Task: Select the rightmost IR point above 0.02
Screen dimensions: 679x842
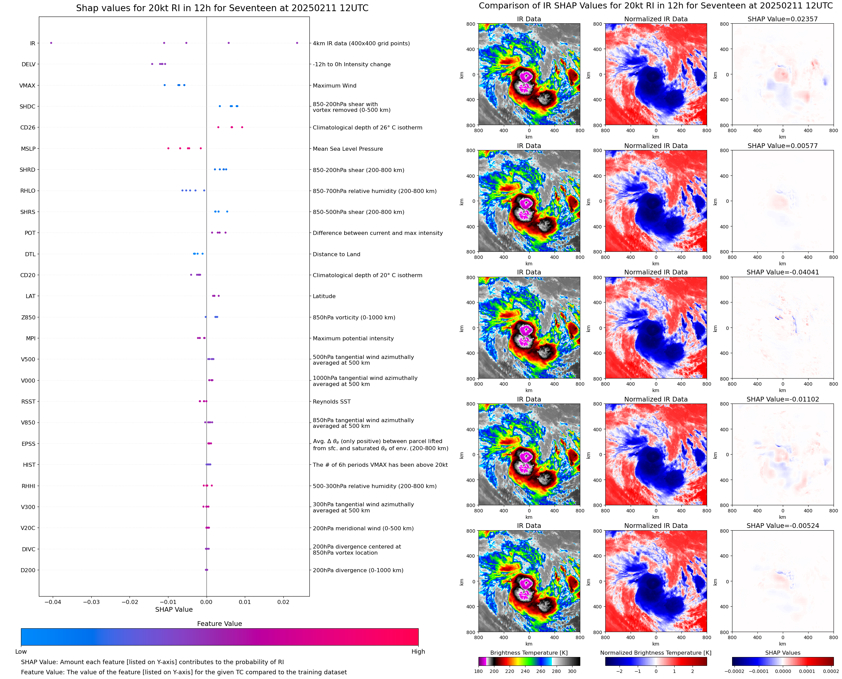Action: point(297,43)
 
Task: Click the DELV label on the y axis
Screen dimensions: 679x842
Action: point(28,65)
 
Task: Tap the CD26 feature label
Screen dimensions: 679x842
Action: point(27,127)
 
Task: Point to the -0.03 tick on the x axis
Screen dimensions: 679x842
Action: point(91,602)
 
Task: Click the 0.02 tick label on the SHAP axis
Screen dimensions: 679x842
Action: point(283,602)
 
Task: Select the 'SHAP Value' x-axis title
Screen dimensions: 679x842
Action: point(174,609)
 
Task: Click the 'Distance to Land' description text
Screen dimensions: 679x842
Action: point(336,254)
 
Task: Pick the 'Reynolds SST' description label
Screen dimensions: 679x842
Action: point(332,402)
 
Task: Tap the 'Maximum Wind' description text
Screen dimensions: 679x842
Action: point(334,86)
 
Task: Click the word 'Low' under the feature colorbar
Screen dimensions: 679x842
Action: point(21,652)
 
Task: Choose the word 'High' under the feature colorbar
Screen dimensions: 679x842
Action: point(418,652)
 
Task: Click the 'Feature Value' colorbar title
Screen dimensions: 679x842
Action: point(219,624)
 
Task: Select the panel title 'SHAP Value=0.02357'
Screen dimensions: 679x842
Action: point(782,19)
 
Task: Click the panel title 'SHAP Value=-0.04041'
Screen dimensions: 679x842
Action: point(782,272)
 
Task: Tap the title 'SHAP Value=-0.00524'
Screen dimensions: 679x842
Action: point(782,526)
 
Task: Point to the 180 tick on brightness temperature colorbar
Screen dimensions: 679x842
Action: point(478,671)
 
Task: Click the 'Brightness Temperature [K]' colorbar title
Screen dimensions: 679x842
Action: point(529,653)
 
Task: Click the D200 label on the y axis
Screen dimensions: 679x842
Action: point(28,570)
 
